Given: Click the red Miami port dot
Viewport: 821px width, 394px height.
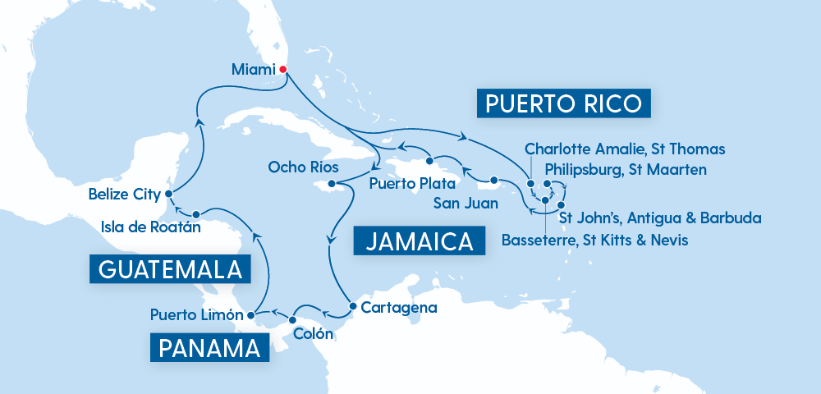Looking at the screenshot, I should pyautogui.click(x=283, y=70).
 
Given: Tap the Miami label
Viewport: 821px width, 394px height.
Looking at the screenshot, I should pyautogui.click(x=253, y=71).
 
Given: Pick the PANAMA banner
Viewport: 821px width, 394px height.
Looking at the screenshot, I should pyautogui.click(x=210, y=347).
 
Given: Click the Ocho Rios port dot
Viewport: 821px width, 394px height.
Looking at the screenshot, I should pyautogui.click(x=332, y=185).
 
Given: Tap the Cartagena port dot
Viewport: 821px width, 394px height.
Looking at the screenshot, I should pyautogui.click(x=352, y=307).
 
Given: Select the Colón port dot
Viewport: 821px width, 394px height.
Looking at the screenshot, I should pyautogui.click(x=293, y=319).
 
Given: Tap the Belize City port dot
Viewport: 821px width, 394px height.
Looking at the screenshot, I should pyautogui.click(x=167, y=195).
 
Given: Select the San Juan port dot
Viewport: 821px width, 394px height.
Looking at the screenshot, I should pyautogui.click(x=494, y=181).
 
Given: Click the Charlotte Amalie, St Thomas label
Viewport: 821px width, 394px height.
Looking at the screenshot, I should pyautogui.click(x=625, y=149).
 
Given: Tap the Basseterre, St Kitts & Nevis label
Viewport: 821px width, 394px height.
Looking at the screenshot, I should pyautogui.click(x=594, y=240).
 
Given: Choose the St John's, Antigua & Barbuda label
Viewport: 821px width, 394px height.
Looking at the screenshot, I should pyautogui.click(x=659, y=218).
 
